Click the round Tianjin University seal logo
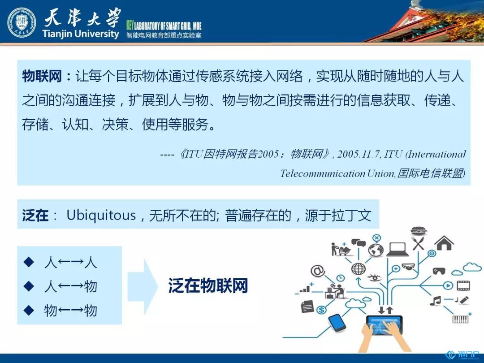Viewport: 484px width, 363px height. point(22,23)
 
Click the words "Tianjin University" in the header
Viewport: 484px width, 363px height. point(81,33)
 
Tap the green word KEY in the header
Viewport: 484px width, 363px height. point(130,25)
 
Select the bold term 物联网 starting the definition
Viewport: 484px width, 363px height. point(42,76)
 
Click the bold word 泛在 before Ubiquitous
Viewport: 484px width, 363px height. point(35,215)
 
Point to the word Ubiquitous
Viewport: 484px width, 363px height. point(101,215)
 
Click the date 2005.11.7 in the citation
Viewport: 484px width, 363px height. point(359,154)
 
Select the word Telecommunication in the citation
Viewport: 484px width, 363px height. point(323,173)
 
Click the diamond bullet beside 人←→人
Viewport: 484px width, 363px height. point(29,262)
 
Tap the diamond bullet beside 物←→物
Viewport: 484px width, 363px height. point(29,310)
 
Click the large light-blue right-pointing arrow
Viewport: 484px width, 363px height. point(143,287)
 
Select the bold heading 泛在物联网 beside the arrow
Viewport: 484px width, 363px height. point(208,285)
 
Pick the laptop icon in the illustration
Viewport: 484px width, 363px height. point(398,249)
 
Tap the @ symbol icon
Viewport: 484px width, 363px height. point(318,271)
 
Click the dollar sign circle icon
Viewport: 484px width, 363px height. point(321,310)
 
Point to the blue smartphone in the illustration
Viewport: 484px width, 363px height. point(337,323)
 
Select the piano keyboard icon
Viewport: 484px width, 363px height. point(460,319)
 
